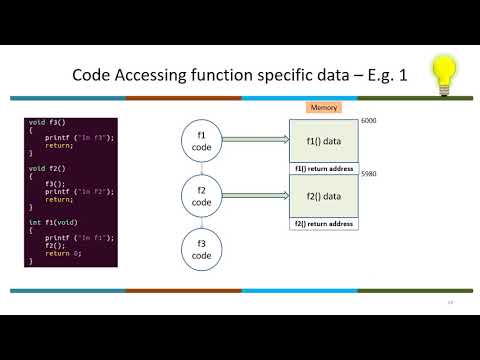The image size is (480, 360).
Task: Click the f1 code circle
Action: (x=202, y=142)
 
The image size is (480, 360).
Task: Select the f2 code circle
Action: (x=202, y=195)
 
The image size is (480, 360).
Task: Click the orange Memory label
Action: (x=322, y=107)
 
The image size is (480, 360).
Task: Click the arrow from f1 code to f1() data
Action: (x=256, y=142)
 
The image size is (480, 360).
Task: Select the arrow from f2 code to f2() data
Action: (x=256, y=196)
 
